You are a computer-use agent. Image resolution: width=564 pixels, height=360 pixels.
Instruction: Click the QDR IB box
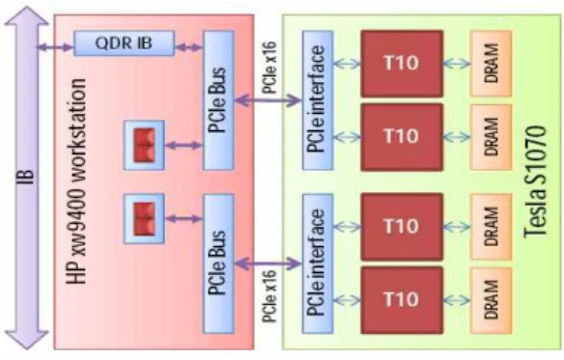[124, 43]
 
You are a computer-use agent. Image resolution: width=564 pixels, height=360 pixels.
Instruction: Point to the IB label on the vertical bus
[26, 177]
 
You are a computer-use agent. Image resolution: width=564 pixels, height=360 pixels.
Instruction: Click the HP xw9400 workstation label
[76, 181]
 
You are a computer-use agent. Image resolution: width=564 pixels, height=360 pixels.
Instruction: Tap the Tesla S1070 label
[535, 181]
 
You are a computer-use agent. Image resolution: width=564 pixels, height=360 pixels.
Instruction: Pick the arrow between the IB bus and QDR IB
[55, 47]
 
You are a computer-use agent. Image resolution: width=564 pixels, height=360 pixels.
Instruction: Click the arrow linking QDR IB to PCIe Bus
[189, 47]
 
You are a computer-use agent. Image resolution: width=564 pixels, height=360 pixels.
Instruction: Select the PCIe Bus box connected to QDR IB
[218, 100]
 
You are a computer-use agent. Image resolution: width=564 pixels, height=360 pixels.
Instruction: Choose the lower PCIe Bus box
[218, 263]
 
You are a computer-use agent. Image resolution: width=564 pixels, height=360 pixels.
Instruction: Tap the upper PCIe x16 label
[269, 68]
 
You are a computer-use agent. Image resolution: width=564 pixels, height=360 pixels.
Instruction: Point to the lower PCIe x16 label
[269, 296]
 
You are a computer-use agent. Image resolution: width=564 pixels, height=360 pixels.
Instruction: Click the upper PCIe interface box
[317, 100]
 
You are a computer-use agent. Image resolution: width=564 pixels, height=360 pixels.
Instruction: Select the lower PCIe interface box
[317, 263]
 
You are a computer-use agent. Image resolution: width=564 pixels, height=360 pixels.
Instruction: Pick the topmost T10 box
[402, 64]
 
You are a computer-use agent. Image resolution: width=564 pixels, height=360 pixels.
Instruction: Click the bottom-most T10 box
[402, 299]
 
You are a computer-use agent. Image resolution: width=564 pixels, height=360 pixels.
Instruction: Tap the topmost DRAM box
[491, 64]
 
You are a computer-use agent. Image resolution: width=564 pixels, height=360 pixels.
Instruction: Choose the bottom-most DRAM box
[491, 300]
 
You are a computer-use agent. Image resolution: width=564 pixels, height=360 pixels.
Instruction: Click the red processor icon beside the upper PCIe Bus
[144, 145]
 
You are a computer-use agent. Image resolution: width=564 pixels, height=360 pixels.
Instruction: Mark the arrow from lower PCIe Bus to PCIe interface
[268, 264]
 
